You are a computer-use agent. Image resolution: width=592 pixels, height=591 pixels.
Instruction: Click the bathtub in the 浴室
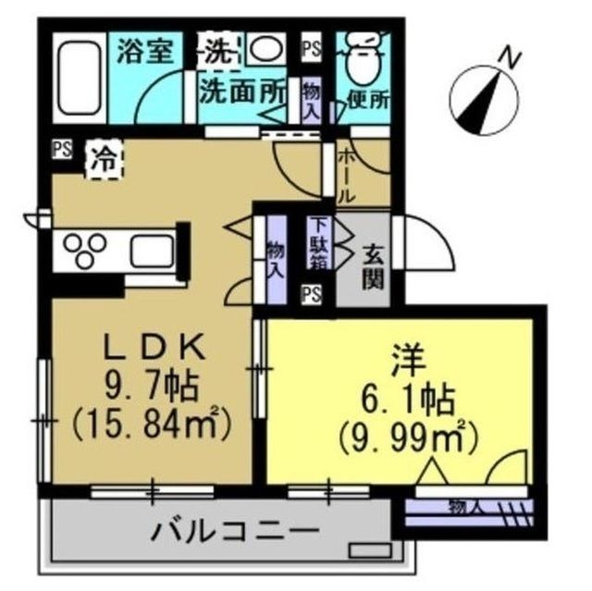(80, 78)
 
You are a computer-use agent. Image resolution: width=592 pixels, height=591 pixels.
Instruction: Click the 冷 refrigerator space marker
(105, 160)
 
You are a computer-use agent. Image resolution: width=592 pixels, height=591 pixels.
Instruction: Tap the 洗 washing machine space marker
(219, 53)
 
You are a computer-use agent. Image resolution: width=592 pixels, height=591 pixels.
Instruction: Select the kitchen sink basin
(152, 251)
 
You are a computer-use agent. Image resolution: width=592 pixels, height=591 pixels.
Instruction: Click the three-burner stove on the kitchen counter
(84, 250)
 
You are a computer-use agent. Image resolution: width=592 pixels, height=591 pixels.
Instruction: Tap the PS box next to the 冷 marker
(62, 150)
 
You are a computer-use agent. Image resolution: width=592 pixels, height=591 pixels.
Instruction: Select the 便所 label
(368, 100)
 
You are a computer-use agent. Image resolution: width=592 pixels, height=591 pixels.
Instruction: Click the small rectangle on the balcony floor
(370, 550)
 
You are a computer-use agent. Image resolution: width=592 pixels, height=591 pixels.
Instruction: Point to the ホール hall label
(347, 177)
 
